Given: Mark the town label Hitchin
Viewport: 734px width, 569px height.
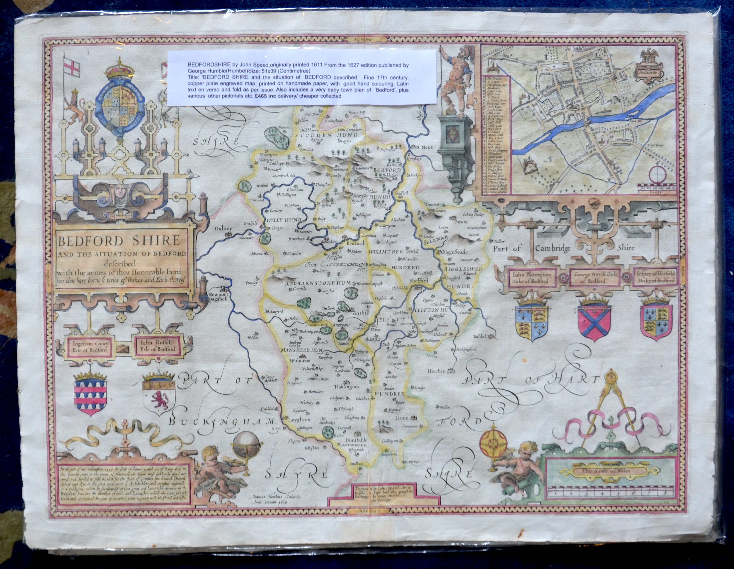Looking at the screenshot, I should [x=437, y=371].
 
